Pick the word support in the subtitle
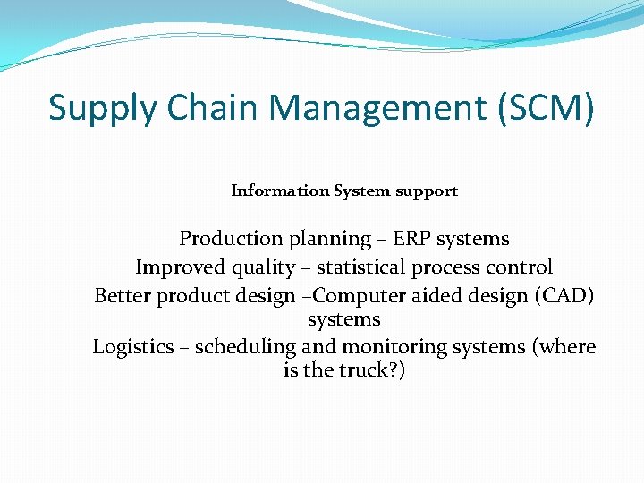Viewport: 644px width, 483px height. point(429,191)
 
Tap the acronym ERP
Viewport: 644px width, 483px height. point(412,239)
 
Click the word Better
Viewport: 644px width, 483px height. point(123,296)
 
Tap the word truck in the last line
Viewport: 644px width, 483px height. point(369,369)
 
